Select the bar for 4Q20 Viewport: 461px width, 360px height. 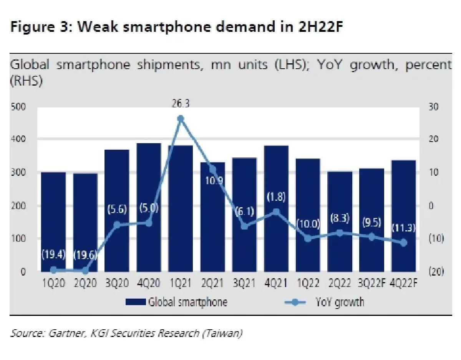pyautogui.click(x=149, y=207)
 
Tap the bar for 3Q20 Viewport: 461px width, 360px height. pyautogui.click(x=117, y=211)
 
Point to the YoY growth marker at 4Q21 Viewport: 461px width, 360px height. pyautogui.click(x=276, y=211)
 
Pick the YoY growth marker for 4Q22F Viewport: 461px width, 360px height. pyautogui.click(x=403, y=243)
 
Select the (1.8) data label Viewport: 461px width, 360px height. pyautogui.click(x=276, y=197)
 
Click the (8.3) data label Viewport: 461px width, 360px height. pyautogui.click(x=340, y=219)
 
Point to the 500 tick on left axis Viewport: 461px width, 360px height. pyautogui.click(x=18, y=107)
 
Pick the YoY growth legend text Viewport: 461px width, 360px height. pyautogui.click(x=340, y=302)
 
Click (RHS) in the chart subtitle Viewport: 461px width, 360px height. pyautogui.click(x=26, y=82)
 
